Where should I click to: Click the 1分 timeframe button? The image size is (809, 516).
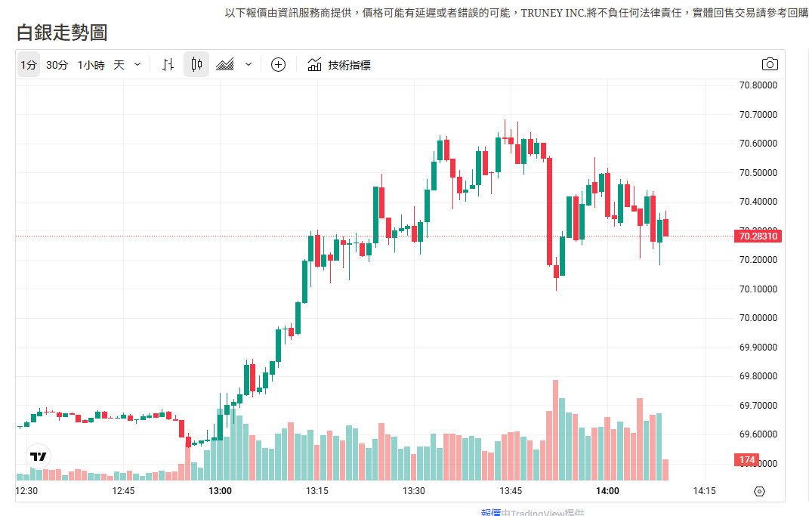tap(28, 65)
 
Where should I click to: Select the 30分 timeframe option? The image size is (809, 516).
tap(57, 65)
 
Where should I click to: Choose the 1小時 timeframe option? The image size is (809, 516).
tap(91, 65)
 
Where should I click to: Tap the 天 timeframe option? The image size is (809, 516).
tap(119, 65)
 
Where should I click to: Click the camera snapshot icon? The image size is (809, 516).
tap(770, 64)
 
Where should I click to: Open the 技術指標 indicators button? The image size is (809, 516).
tap(339, 65)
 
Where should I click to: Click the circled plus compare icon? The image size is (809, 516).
tap(278, 65)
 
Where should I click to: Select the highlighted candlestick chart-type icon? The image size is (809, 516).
tap(196, 65)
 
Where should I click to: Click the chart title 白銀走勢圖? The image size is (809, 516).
tap(62, 32)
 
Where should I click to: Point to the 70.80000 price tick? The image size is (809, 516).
tap(758, 85)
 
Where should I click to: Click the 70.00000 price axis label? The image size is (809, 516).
tap(758, 318)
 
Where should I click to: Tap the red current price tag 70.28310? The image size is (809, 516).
tap(758, 236)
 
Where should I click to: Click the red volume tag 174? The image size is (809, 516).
tap(747, 460)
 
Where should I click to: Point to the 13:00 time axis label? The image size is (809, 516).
tap(220, 491)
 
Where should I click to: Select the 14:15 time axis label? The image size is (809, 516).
tap(704, 491)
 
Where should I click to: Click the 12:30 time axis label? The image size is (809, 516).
tap(26, 491)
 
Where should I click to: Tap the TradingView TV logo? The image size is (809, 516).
tap(38, 456)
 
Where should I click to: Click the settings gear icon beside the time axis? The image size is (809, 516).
tap(759, 491)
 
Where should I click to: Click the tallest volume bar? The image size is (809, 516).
tap(555, 430)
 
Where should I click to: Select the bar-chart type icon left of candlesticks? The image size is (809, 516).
tap(168, 65)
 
